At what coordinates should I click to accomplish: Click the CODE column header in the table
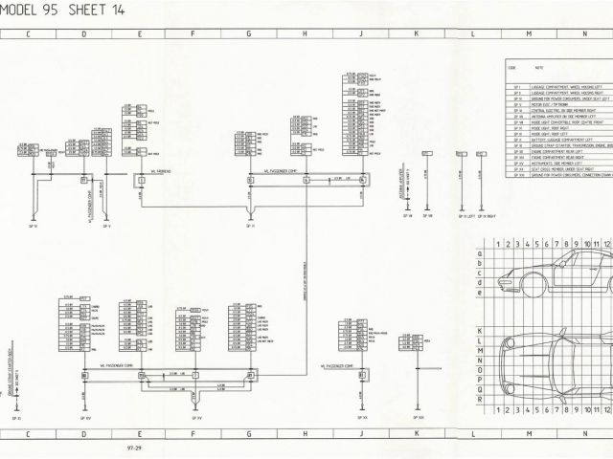511,69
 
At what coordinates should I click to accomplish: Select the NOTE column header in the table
538,69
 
